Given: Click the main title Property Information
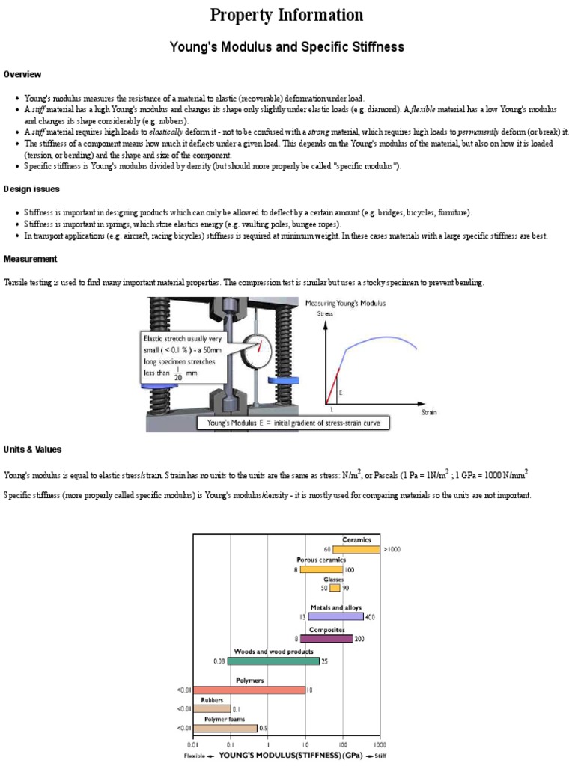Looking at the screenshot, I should click(x=287, y=15).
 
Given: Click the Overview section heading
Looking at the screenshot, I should click(x=22, y=75).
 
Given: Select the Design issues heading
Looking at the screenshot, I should click(x=31, y=189).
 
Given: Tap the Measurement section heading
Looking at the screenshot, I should click(x=31, y=259).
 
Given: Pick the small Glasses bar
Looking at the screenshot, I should click(x=335, y=589).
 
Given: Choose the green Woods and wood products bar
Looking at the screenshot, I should click(x=273, y=661).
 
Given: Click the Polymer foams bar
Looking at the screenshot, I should click(x=225, y=728).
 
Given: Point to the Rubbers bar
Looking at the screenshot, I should click(x=211, y=708).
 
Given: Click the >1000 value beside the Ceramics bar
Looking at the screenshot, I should click(x=392, y=549).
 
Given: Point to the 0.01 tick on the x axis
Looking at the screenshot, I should click(x=194, y=746).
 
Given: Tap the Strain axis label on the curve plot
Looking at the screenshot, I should click(x=429, y=412).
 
